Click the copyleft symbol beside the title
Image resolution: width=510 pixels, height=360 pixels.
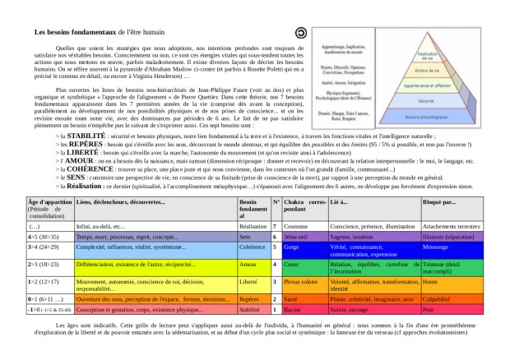tap(302, 32)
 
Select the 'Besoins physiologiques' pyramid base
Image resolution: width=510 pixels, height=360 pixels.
tap(426, 116)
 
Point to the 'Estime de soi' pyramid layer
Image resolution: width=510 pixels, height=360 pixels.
tap(426, 70)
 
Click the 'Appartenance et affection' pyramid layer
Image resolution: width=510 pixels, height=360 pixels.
tap(426, 85)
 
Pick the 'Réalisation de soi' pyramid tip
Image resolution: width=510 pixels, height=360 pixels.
tap(426, 54)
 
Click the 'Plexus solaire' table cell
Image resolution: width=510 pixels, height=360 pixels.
tap(301, 280)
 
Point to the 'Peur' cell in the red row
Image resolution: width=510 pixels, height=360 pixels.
tap(428, 311)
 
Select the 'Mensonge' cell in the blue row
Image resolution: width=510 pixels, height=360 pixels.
tap(435, 247)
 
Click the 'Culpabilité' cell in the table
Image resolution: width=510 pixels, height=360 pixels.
tap(437, 300)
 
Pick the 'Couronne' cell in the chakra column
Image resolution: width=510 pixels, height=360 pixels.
tap(295, 225)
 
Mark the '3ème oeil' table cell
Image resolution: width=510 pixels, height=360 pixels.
tap(296, 236)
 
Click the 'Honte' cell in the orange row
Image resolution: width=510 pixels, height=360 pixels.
tap(429, 280)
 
